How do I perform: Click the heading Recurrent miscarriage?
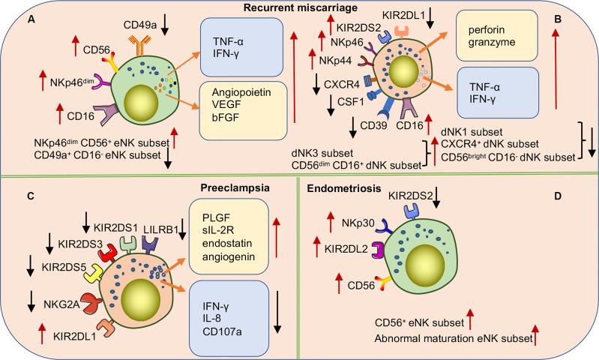300,7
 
